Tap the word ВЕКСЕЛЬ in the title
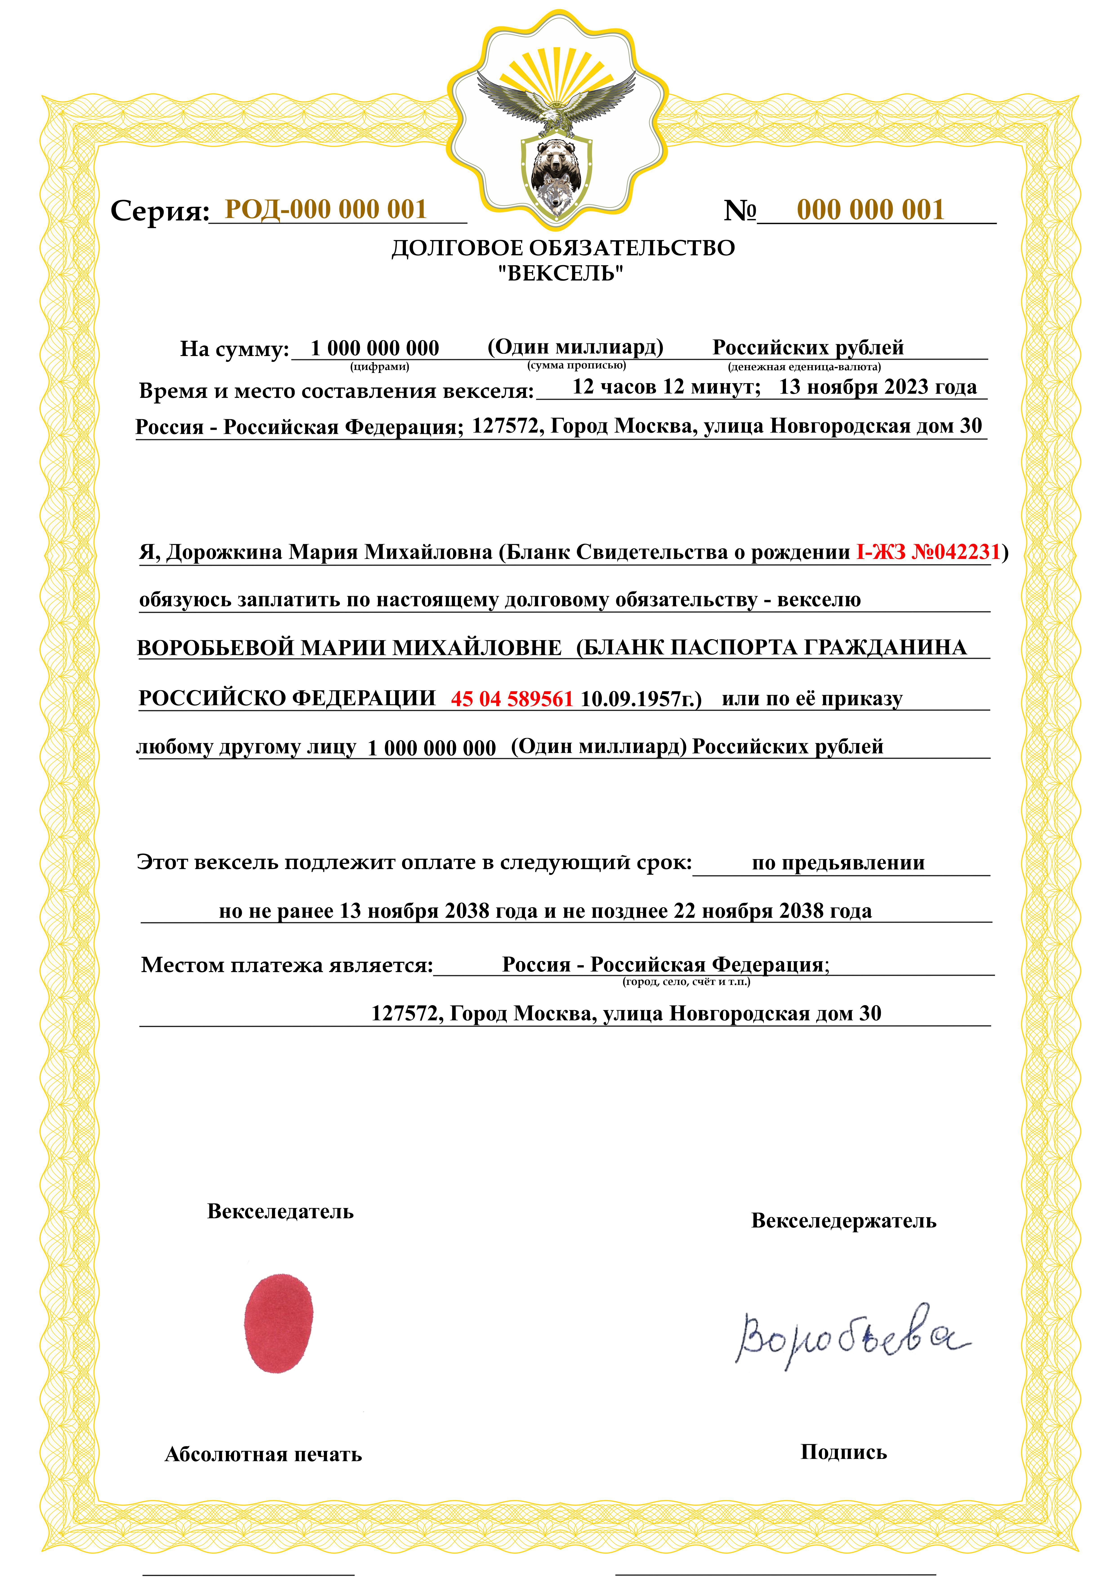pyautogui.click(x=561, y=273)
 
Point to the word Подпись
pyautogui.click(x=844, y=1452)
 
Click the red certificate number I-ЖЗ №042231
pyautogui.click(x=928, y=551)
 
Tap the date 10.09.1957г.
pyautogui.click(x=640, y=699)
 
